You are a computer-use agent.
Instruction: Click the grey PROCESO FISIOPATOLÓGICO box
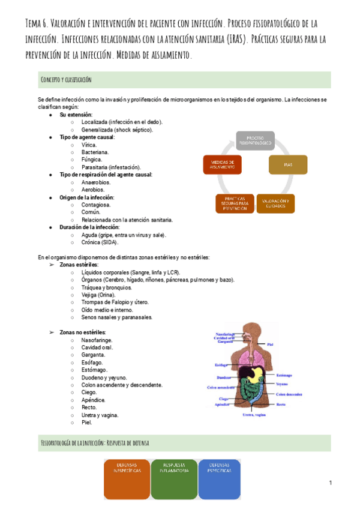pyautogui.click(x=254, y=140)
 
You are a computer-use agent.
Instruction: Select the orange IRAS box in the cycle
pyautogui.click(x=287, y=164)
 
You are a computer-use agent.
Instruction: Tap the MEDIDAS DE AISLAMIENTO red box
pyautogui.click(x=223, y=164)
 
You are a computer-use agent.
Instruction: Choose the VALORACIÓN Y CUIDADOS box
pyautogui.click(x=275, y=203)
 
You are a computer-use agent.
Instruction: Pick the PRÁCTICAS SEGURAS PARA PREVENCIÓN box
pyautogui.click(x=235, y=203)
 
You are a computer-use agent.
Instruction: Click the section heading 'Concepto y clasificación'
pyautogui.click(x=65, y=80)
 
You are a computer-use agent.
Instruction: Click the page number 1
pyautogui.click(x=331, y=483)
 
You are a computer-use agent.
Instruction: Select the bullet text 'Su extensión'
pyautogui.click(x=76, y=114)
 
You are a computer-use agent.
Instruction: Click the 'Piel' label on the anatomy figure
pyautogui.click(x=271, y=345)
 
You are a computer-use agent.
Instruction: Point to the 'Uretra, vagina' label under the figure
pyautogui.click(x=254, y=415)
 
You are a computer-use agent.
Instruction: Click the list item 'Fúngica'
pyautogui.click(x=92, y=160)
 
